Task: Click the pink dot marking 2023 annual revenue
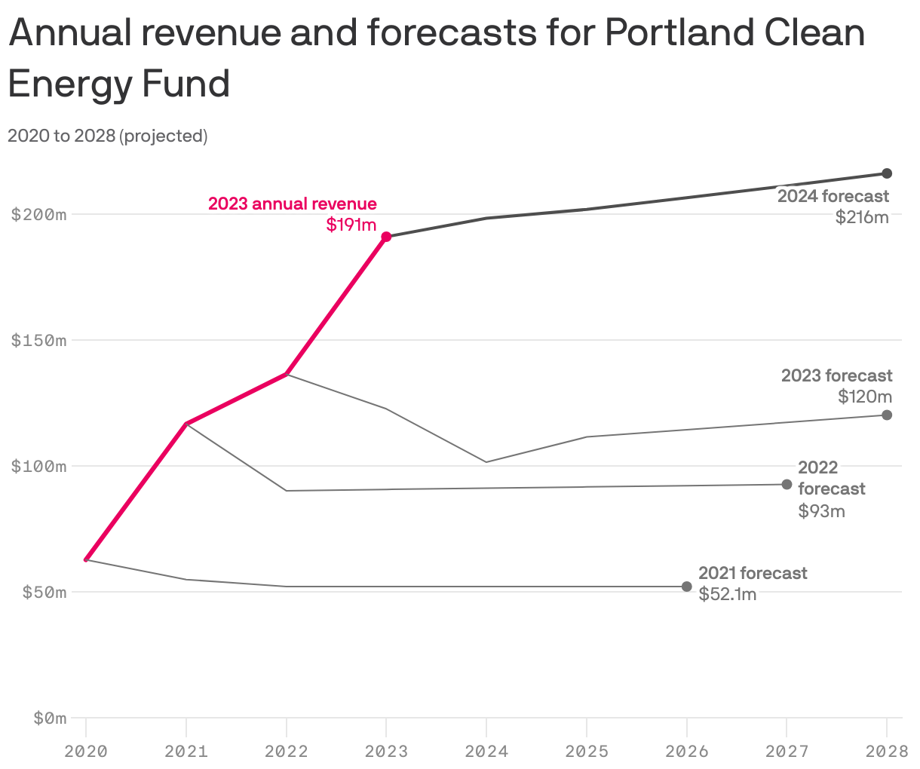pos(386,237)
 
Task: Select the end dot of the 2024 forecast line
pos(887,173)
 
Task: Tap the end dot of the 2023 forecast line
pos(887,415)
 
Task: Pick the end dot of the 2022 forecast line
pos(787,484)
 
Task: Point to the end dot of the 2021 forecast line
pos(686,587)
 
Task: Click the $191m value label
pos(351,225)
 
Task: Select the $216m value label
pos(862,218)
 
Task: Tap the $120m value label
pos(865,397)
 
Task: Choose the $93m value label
pos(821,511)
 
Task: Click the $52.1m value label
pos(727,594)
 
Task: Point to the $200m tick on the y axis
pos(39,214)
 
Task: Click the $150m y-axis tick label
pos(39,340)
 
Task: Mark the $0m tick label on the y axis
pos(50,718)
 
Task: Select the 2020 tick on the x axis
pos(86,751)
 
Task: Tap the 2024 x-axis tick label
pos(486,751)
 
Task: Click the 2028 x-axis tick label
pos(887,751)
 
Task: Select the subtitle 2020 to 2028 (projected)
pos(107,136)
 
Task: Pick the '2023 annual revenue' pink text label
pos(293,204)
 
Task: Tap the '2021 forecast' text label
pos(753,573)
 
